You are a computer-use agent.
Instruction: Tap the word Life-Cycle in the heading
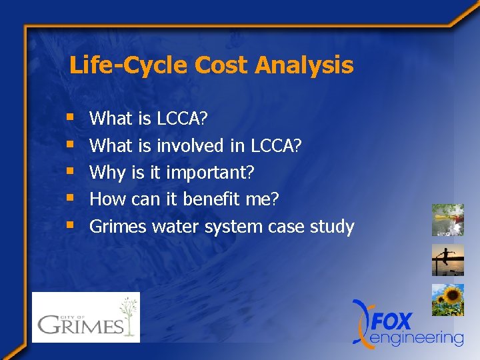(113, 65)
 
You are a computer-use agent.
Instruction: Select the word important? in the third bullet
(210, 173)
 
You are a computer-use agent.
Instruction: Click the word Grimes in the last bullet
(118, 227)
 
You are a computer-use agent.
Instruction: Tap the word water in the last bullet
(176, 227)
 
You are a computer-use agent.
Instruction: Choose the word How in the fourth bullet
(103, 199)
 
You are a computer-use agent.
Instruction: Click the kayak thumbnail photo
(447, 220)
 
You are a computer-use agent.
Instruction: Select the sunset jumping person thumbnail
(447, 260)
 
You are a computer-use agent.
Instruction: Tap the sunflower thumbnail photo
(447, 300)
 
